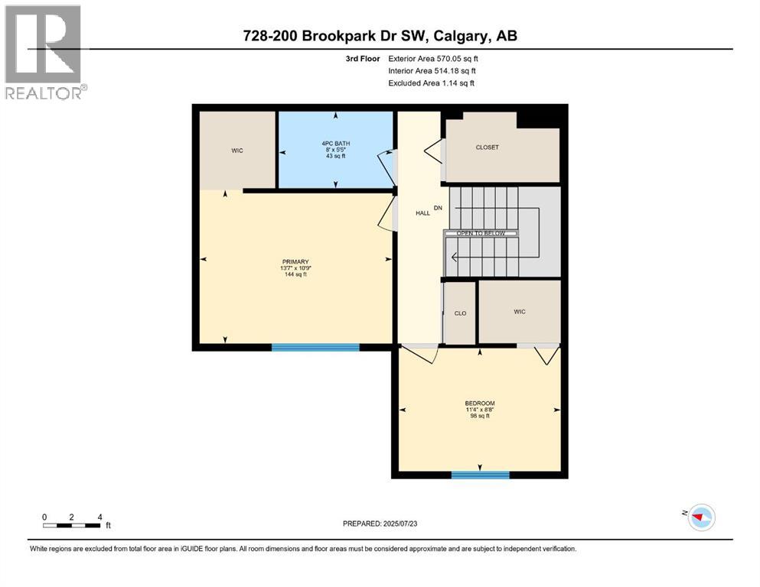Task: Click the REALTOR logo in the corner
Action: coord(44,53)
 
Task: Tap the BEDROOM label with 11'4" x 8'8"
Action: coord(480,409)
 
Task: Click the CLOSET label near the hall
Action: coord(487,148)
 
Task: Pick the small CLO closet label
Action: coord(460,313)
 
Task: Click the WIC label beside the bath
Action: coord(237,151)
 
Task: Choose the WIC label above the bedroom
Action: coord(519,311)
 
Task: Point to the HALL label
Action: coord(422,213)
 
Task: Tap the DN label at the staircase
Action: coord(439,208)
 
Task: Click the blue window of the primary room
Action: coord(315,347)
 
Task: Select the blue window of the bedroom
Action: coord(480,475)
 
